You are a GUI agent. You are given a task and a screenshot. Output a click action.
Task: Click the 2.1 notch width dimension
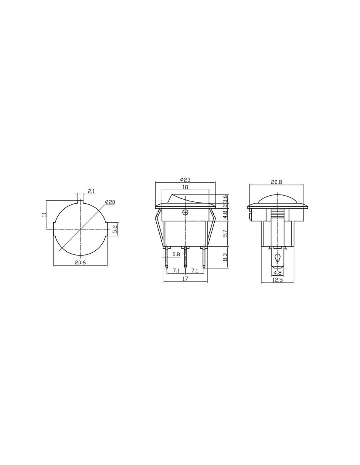pyautogui.click(x=91, y=191)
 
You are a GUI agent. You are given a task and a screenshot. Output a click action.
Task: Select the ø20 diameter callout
pyautogui.click(x=110, y=202)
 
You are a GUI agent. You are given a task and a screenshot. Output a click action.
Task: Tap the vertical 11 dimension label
pyautogui.click(x=44, y=215)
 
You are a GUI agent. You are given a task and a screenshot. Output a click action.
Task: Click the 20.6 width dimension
pyautogui.click(x=80, y=263)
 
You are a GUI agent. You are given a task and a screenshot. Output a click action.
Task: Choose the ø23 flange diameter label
pyautogui.click(x=185, y=180)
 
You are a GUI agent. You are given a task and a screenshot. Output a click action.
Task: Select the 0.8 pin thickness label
pyautogui.click(x=176, y=254)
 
